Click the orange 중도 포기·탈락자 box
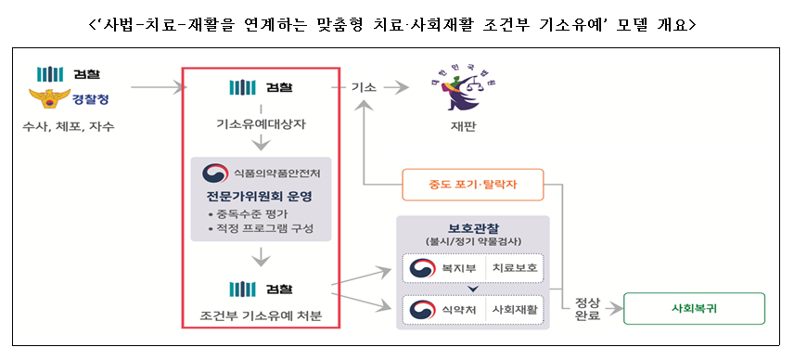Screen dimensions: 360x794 (x=472, y=185)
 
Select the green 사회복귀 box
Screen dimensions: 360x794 (x=694, y=308)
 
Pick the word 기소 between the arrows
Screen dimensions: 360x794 (x=363, y=88)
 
